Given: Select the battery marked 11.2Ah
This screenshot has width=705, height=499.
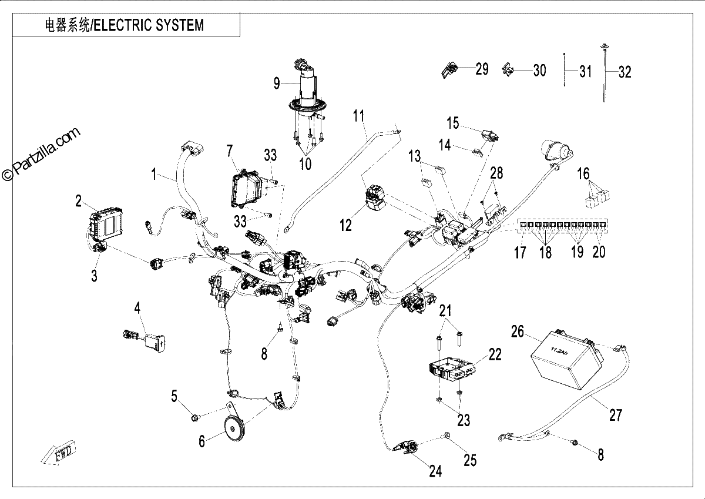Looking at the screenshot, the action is click(567, 363).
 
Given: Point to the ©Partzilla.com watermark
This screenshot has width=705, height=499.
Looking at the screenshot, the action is click(41, 154).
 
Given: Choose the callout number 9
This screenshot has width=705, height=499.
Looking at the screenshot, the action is click(276, 83).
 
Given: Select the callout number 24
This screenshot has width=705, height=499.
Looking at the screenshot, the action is click(435, 471).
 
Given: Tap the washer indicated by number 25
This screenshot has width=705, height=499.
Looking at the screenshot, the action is click(446, 436).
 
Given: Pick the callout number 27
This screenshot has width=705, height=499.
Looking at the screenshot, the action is click(616, 415).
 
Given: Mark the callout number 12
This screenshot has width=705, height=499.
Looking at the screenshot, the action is click(345, 226).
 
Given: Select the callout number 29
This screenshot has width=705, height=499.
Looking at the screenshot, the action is click(482, 69).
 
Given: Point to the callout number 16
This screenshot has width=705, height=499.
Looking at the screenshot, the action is click(583, 173).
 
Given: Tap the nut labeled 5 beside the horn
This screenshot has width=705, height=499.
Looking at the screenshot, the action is click(195, 418).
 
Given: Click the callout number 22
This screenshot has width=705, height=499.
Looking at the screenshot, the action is click(495, 355).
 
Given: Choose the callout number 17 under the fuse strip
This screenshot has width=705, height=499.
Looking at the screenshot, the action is click(520, 252).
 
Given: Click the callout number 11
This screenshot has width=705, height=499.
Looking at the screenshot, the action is click(358, 116).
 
